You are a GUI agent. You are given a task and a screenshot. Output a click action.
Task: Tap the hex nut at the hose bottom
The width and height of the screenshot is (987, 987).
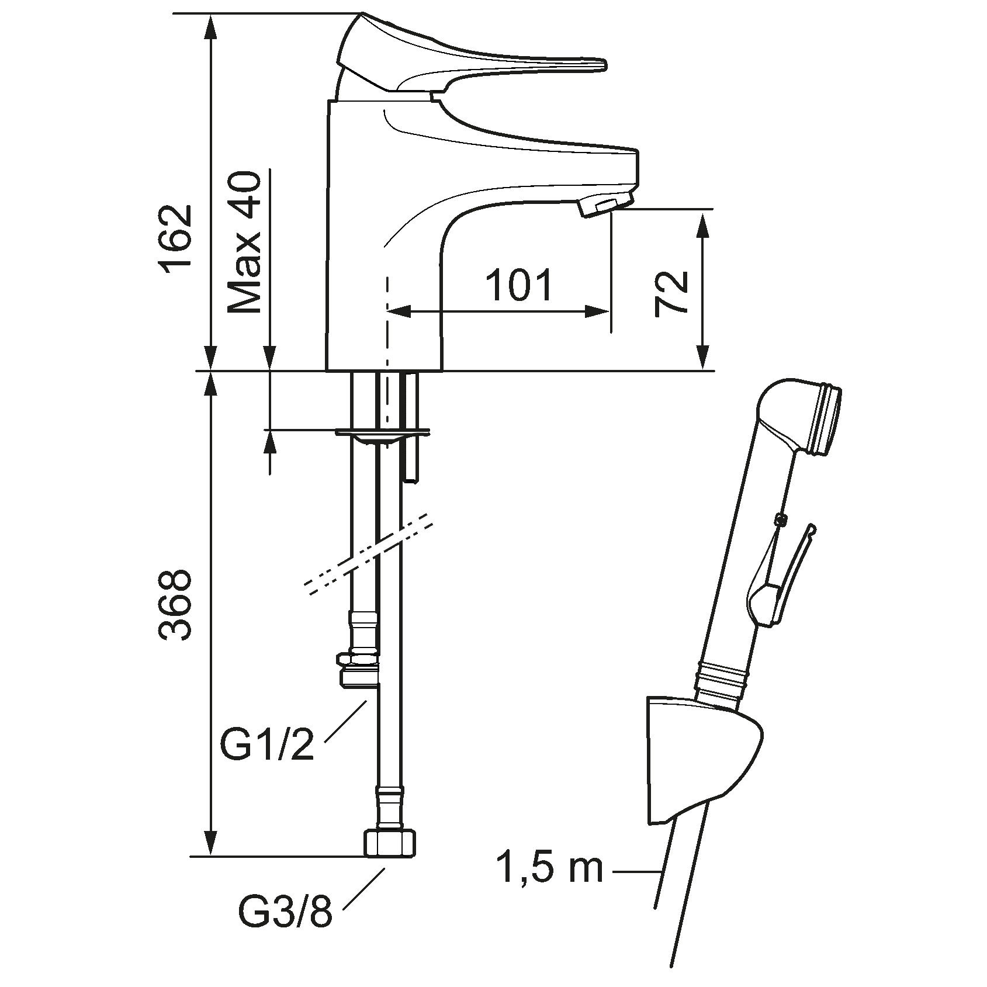pyautogui.click(x=390, y=844)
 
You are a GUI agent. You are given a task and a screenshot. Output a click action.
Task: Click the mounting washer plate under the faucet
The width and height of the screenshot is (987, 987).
pyautogui.click(x=383, y=434)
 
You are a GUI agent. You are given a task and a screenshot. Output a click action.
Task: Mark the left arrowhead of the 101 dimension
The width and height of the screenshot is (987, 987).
pyautogui.click(x=397, y=312)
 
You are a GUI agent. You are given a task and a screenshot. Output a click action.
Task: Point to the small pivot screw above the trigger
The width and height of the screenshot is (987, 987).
pyautogui.click(x=778, y=518)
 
